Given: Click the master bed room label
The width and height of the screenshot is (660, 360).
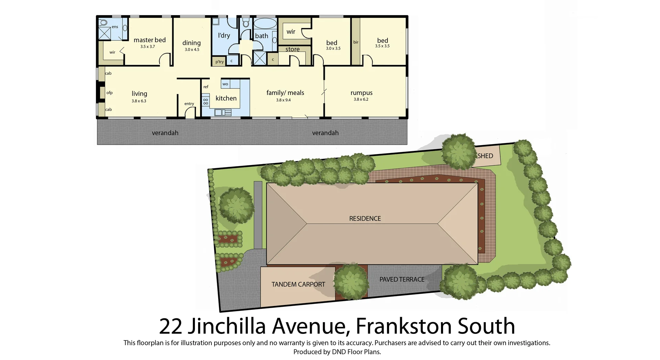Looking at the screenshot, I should click(x=150, y=40).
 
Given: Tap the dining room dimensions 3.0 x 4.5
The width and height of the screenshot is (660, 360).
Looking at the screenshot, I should click(x=192, y=50).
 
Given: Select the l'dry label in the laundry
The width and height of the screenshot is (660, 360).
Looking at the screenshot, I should click(x=224, y=35).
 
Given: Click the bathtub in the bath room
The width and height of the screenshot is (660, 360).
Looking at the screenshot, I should click(x=265, y=24).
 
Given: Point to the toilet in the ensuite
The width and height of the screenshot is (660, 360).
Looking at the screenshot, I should click(x=103, y=23).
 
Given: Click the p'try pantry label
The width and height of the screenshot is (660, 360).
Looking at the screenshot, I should click(x=219, y=62).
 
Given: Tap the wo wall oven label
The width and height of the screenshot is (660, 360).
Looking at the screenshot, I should click(x=225, y=84).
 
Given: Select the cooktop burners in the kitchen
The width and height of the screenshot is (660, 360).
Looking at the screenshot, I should click(x=206, y=101).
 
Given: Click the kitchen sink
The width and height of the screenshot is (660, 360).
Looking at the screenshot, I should click(x=223, y=112).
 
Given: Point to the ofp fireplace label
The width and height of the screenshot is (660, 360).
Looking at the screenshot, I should click(x=109, y=93).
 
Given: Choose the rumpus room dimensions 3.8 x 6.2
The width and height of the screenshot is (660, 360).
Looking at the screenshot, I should click(x=361, y=99).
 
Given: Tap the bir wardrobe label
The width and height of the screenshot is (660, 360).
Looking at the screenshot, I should click(x=356, y=42).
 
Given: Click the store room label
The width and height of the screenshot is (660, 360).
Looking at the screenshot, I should click(x=293, y=50).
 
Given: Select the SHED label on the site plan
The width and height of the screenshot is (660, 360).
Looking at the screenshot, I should click(x=485, y=156).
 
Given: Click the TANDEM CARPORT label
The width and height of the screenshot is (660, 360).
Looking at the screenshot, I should click(x=298, y=284).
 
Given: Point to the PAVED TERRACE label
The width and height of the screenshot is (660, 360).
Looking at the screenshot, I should click(x=402, y=280).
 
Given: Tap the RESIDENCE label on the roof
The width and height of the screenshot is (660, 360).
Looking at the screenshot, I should click(x=365, y=219).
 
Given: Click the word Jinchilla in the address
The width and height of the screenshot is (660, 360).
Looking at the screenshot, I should click(x=227, y=326).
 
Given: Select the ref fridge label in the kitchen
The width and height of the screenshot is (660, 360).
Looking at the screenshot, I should click(x=206, y=87).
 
